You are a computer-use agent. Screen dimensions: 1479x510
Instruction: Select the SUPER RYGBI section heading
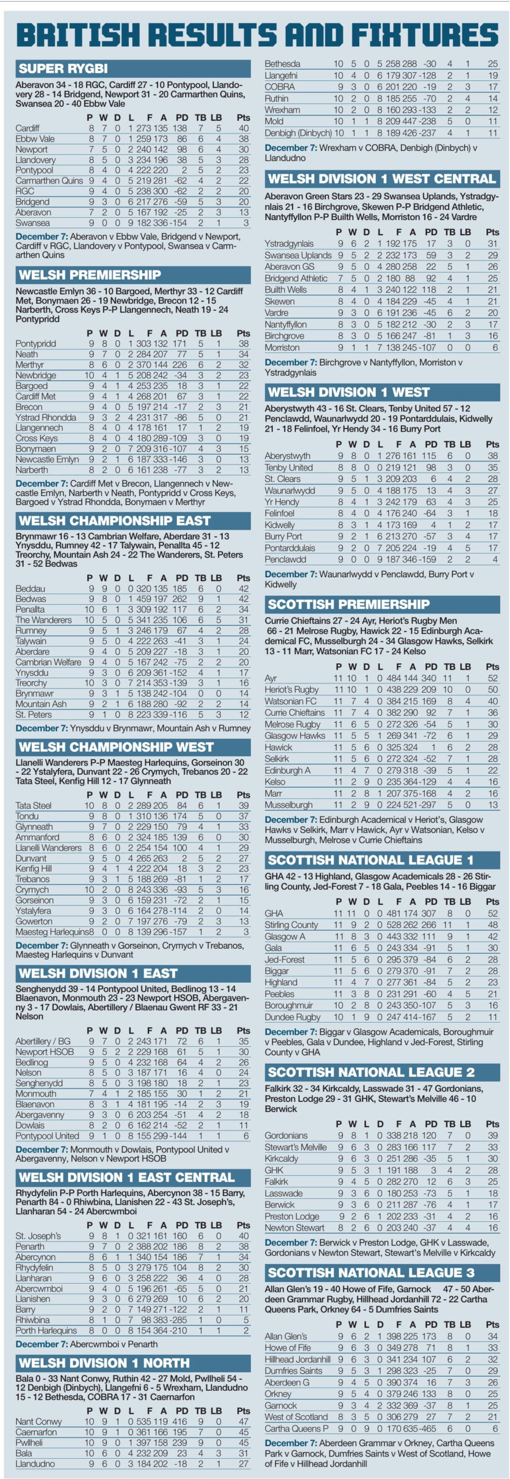point(63,69)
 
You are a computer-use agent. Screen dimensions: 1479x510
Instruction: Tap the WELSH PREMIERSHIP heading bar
point(90,274)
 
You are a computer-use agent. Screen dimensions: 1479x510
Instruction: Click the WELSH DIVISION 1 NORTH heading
point(104,1363)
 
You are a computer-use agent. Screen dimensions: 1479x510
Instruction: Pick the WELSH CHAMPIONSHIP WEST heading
point(116,747)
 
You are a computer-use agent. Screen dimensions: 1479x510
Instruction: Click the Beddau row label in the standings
point(30,589)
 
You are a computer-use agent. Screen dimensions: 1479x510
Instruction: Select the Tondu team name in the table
point(27,816)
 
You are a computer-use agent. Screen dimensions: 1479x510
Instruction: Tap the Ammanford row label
point(38,837)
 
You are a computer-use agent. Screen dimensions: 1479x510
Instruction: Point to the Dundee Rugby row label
point(292,1017)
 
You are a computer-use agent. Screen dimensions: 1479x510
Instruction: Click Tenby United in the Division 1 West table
point(289,467)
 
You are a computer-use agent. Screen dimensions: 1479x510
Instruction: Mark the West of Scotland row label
point(296,1417)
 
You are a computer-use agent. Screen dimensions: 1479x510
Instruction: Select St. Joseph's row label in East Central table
point(38,1236)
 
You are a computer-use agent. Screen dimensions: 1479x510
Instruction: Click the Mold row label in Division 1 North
point(274,121)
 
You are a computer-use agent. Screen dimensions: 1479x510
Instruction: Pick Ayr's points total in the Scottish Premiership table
point(493,678)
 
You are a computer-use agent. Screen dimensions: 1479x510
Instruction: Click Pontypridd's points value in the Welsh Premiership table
point(243,344)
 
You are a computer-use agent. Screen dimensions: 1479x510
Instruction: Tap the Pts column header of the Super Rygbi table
point(243,117)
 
